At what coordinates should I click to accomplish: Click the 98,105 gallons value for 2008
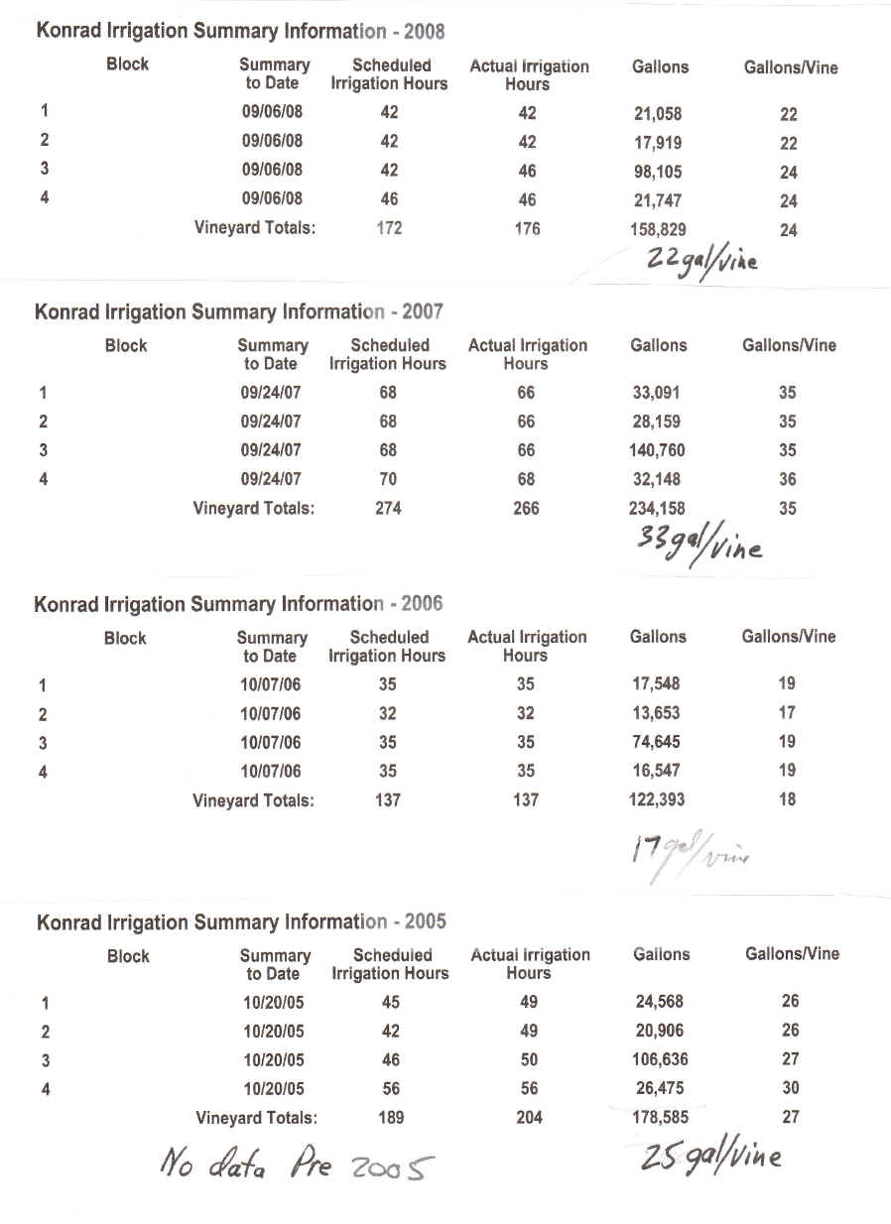[658, 172]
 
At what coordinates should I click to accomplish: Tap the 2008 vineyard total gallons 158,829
[658, 230]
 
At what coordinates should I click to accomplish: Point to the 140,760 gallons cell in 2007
[658, 450]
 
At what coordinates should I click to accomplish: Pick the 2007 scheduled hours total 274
[388, 508]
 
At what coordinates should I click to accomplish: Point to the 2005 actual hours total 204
[530, 1117]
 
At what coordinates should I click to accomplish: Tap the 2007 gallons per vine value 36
[787, 479]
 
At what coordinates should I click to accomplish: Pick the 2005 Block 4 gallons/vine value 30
[790, 1088]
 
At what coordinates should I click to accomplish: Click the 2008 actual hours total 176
[528, 230]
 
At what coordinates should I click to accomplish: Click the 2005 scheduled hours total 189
[392, 1117]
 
